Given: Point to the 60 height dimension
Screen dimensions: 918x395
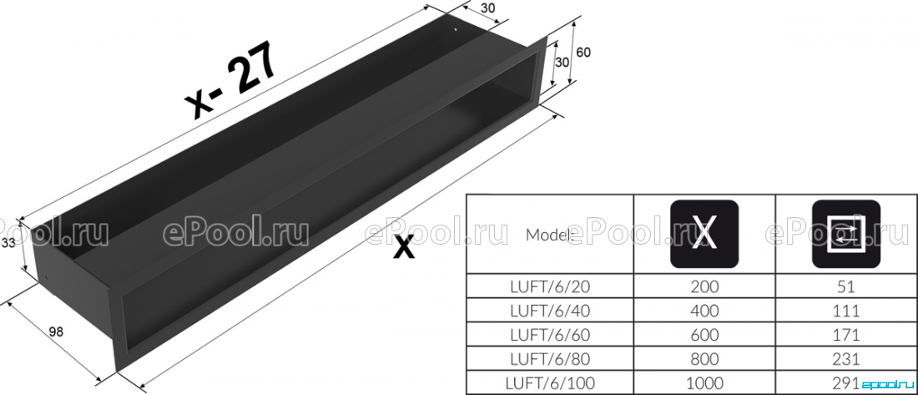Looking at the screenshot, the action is click(x=583, y=52).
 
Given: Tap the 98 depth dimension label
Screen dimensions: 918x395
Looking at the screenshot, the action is click(x=56, y=332).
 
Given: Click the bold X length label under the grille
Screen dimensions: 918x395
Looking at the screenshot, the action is click(x=403, y=248).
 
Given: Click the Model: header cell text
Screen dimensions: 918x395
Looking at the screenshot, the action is click(x=548, y=235).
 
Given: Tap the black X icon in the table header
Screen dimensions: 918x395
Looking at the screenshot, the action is click(x=704, y=234).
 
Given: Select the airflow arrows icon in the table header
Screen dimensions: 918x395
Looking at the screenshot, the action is click(x=845, y=234).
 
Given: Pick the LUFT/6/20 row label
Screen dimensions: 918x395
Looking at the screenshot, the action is click(x=550, y=286).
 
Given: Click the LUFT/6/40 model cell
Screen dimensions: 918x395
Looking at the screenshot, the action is click(x=550, y=311).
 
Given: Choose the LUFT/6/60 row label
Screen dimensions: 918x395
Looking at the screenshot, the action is click(x=550, y=335).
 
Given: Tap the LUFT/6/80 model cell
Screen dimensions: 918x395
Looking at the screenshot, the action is click(x=550, y=358).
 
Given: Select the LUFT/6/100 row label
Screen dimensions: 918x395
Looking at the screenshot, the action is click(x=550, y=383).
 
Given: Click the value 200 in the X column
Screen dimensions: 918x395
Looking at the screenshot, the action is click(x=704, y=286).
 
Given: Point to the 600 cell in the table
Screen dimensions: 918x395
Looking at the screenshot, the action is click(x=704, y=335).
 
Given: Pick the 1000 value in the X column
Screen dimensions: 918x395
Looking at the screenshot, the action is click(x=704, y=383).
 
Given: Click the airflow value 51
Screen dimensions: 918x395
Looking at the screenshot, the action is click(x=846, y=286).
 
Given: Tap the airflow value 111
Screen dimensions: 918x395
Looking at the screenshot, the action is click(x=846, y=311).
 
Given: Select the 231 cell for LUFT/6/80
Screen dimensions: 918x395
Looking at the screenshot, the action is click(x=846, y=358).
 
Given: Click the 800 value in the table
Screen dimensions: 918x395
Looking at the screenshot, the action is click(x=704, y=358).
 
